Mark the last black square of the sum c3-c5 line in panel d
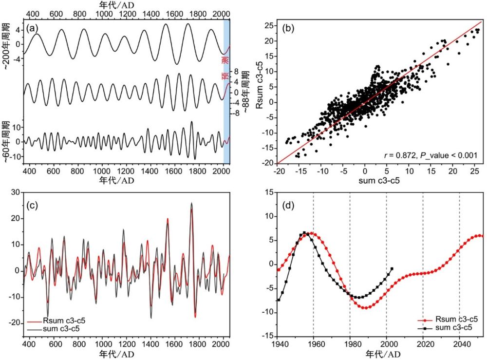(392, 269)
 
